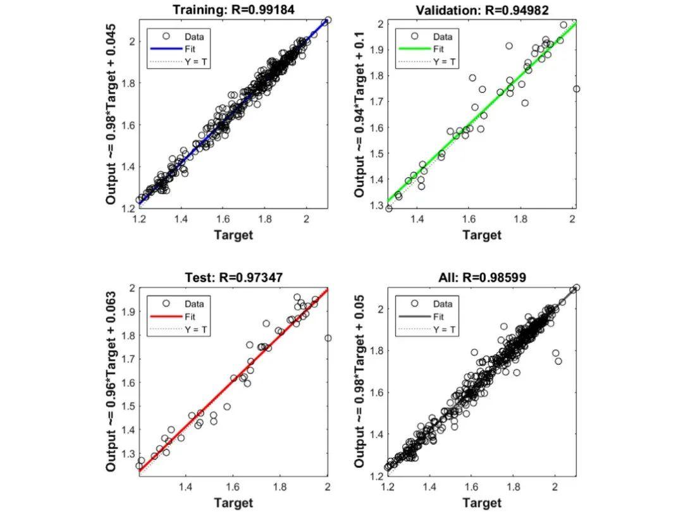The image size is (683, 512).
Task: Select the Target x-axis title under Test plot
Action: [233, 503]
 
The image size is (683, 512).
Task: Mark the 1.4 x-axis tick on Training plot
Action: [182, 219]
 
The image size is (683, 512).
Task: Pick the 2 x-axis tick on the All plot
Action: [555, 487]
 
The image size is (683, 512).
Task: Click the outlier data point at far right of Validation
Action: [576, 89]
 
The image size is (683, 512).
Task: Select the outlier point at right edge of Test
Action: [328, 338]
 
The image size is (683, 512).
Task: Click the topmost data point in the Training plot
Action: [328, 20]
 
